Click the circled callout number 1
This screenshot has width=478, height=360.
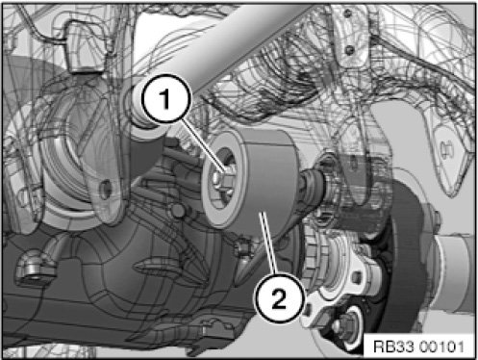(x=165, y=98)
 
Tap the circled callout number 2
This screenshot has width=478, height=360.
(x=279, y=297)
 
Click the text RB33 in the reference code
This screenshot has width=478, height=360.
(x=394, y=347)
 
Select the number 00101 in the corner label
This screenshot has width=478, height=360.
(x=441, y=347)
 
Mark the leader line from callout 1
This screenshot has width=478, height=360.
(x=203, y=145)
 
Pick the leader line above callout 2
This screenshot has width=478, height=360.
(x=268, y=244)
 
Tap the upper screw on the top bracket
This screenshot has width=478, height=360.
(x=347, y=13)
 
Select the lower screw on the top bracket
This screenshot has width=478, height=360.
(x=350, y=49)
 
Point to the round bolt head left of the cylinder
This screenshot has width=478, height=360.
(x=178, y=211)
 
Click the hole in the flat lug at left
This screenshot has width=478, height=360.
(x=106, y=189)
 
